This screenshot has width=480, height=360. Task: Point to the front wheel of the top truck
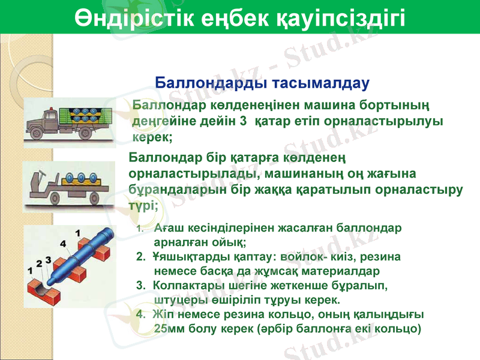click(x=43, y=133)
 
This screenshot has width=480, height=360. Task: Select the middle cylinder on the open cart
click(x=80, y=178)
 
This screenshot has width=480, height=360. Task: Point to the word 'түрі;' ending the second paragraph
click(x=144, y=205)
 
